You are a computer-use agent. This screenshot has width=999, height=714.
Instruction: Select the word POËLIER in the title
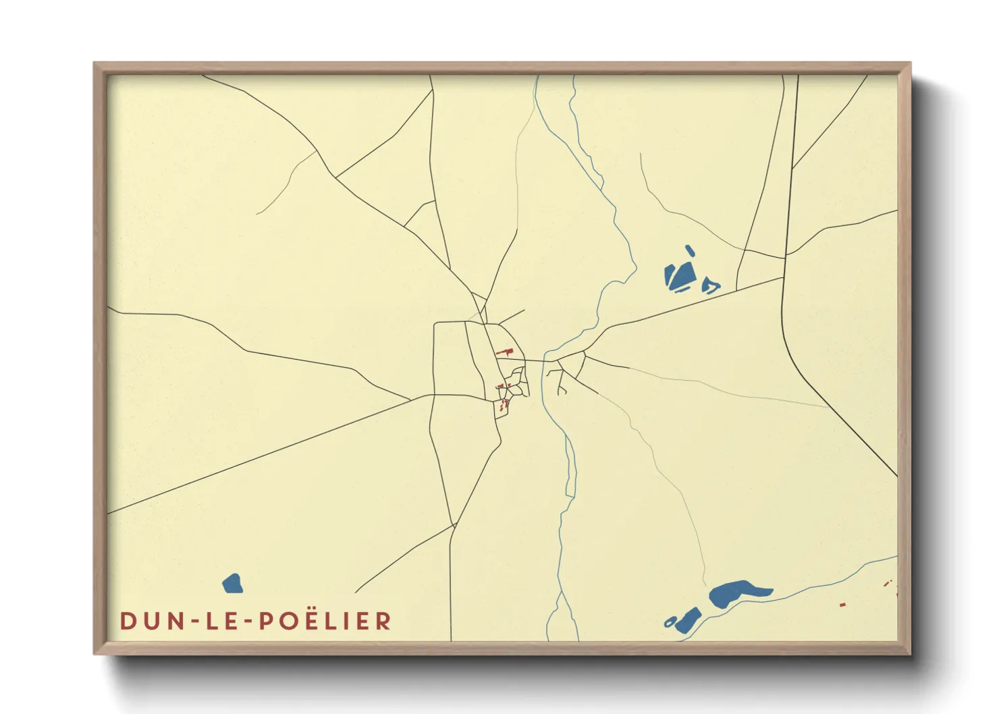click(x=325, y=621)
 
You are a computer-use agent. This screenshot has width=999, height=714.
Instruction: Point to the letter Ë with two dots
click(x=306, y=620)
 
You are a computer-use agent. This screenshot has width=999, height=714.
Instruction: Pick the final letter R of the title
click(x=383, y=621)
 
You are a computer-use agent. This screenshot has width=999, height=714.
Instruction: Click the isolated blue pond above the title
click(x=232, y=584)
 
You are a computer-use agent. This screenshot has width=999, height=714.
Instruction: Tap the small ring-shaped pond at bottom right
click(x=670, y=622)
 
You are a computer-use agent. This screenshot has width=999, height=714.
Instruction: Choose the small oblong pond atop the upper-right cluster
click(x=690, y=251)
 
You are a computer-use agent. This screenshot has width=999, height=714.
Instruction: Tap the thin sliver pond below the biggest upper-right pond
click(x=682, y=291)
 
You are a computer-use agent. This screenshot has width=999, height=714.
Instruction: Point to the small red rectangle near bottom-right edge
click(x=842, y=605)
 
